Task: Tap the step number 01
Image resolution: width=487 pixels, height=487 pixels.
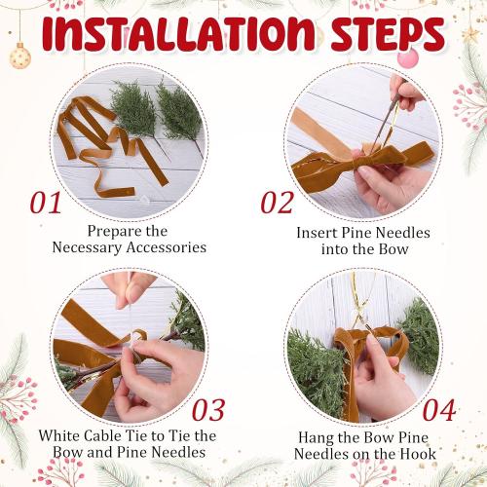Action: [x=46, y=203]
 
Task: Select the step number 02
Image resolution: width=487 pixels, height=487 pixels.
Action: [x=277, y=203]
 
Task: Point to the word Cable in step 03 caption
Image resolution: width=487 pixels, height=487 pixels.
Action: [x=105, y=434]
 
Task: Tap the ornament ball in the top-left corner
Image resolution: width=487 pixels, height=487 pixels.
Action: [x=19, y=56]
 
